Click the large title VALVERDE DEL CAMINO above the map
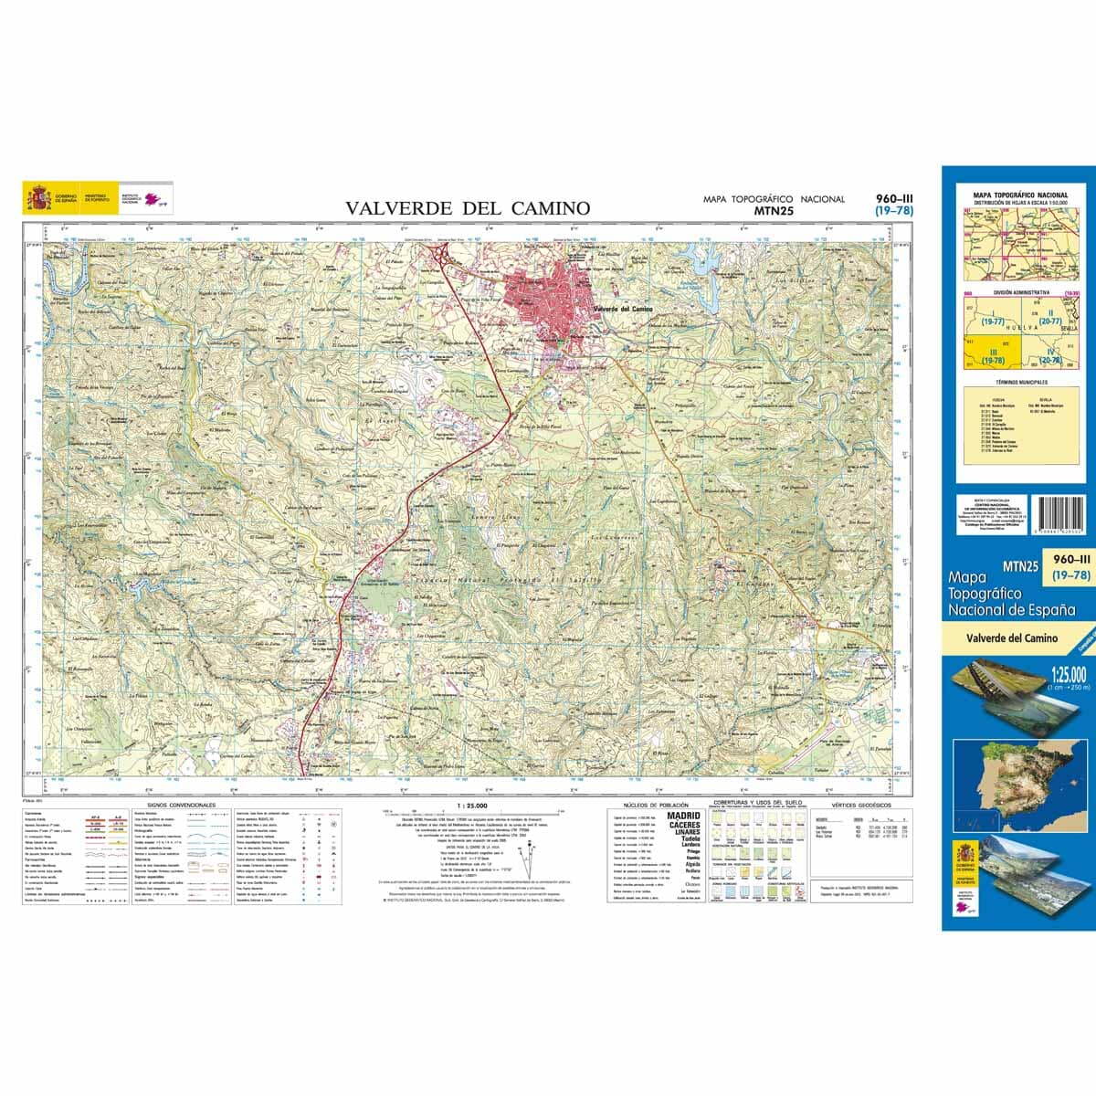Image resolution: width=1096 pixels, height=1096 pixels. click(468, 209)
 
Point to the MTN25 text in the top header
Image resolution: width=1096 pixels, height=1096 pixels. click(774, 210)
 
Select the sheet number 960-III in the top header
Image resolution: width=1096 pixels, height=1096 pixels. click(894, 198)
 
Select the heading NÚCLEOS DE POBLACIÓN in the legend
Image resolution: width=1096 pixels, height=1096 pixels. click(653, 806)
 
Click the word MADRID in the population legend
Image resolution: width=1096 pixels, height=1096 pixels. click(684, 816)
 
